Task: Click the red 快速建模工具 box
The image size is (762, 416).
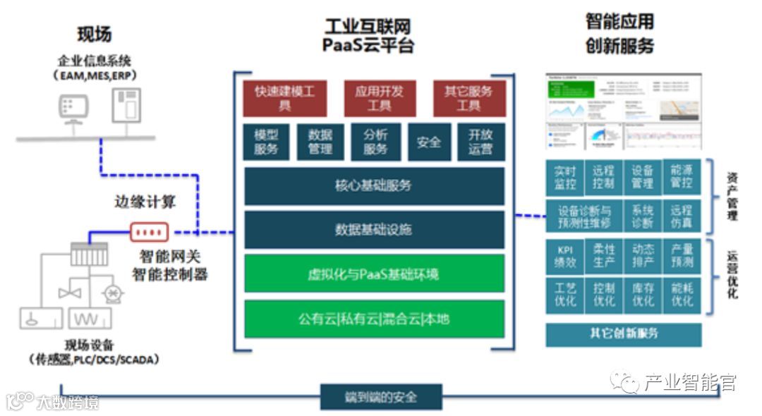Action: click(x=284, y=99)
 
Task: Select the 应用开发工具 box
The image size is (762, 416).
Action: click(x=379, y=99)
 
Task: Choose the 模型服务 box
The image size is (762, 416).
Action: click(x=266, y=142)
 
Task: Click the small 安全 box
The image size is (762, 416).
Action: click(x=429, y=142)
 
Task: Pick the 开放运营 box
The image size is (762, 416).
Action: click(x=480, y=142)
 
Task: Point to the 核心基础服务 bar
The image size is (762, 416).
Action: click(x=374, y=186)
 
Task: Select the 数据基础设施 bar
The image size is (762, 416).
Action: click(x=374, y=230)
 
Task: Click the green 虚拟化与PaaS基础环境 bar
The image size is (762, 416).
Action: click(x=374, y=274)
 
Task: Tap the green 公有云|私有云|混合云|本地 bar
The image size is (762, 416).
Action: click(x=374, y=319)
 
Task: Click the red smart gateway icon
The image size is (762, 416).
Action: click(x=149, y=231)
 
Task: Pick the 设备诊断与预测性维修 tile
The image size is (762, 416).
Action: click(x=584, y=217)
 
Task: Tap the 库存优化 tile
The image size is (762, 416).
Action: click(x=643, y=295)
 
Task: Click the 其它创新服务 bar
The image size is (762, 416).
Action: click(x=624, y=334)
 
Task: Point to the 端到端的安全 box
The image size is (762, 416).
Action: click(x=381, y=397)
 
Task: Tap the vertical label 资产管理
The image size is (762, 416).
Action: click(x=732, y=197)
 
